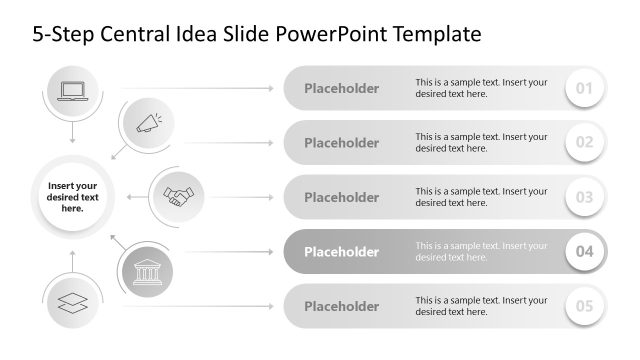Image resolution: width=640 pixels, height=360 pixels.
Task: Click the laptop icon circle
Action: [x=73, y=91]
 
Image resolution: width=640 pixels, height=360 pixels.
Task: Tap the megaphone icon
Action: [x=147, y=124]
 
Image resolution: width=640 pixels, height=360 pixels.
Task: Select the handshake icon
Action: [x=178, y=196]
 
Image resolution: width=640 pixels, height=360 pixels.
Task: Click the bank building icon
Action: [x=147, y=270]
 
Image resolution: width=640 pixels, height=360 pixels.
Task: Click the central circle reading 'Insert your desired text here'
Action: [x=72, y=196]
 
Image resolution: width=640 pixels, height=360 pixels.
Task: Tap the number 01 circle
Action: [x=585, y=89]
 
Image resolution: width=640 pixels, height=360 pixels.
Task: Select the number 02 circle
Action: [x=585, y=143]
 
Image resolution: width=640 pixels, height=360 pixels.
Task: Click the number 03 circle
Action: [x=585, y=197]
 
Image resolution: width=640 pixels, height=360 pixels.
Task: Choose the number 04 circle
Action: [x=585, y=252]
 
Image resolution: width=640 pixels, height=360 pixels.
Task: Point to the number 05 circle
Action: [x=585, y=306]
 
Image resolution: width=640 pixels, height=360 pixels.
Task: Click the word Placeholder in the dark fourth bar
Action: [x=341, y=252]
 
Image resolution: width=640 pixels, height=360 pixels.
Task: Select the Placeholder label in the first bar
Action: [x=341, y=89]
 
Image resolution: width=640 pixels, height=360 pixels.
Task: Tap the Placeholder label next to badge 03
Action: [x=341, y=197]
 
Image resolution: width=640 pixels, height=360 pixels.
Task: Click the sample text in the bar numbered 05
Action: [x=481, y=306]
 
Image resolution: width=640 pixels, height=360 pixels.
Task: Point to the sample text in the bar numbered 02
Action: [x=481, y=143]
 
